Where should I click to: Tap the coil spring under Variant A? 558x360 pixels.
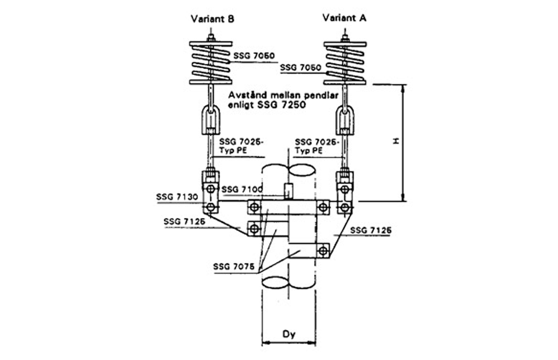(345, 62)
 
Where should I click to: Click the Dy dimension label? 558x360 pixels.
(289, 334)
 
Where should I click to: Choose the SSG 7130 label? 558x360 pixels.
(176, 196)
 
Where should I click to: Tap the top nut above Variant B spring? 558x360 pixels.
(211, 37)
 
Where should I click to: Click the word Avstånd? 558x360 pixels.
(248, 97)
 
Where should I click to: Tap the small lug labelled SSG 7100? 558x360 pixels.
(288, 189)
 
